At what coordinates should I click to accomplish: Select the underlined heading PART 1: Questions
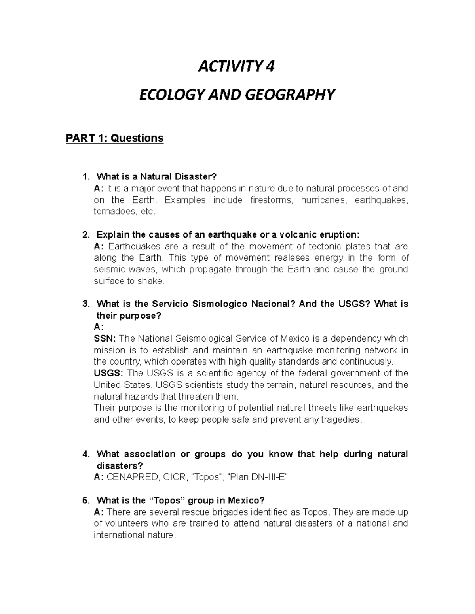point(114,138)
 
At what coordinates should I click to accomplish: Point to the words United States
point(122,385)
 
